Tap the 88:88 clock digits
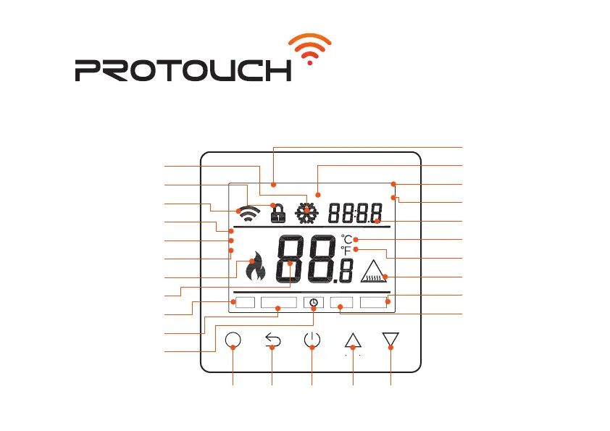point(356,213)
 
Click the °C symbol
point(347,239)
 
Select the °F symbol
point(347,251)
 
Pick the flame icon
point(255,269)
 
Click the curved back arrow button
point(272,340)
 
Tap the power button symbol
point(312,340)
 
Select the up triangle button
point(353,340)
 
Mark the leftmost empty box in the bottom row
point(244,302)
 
